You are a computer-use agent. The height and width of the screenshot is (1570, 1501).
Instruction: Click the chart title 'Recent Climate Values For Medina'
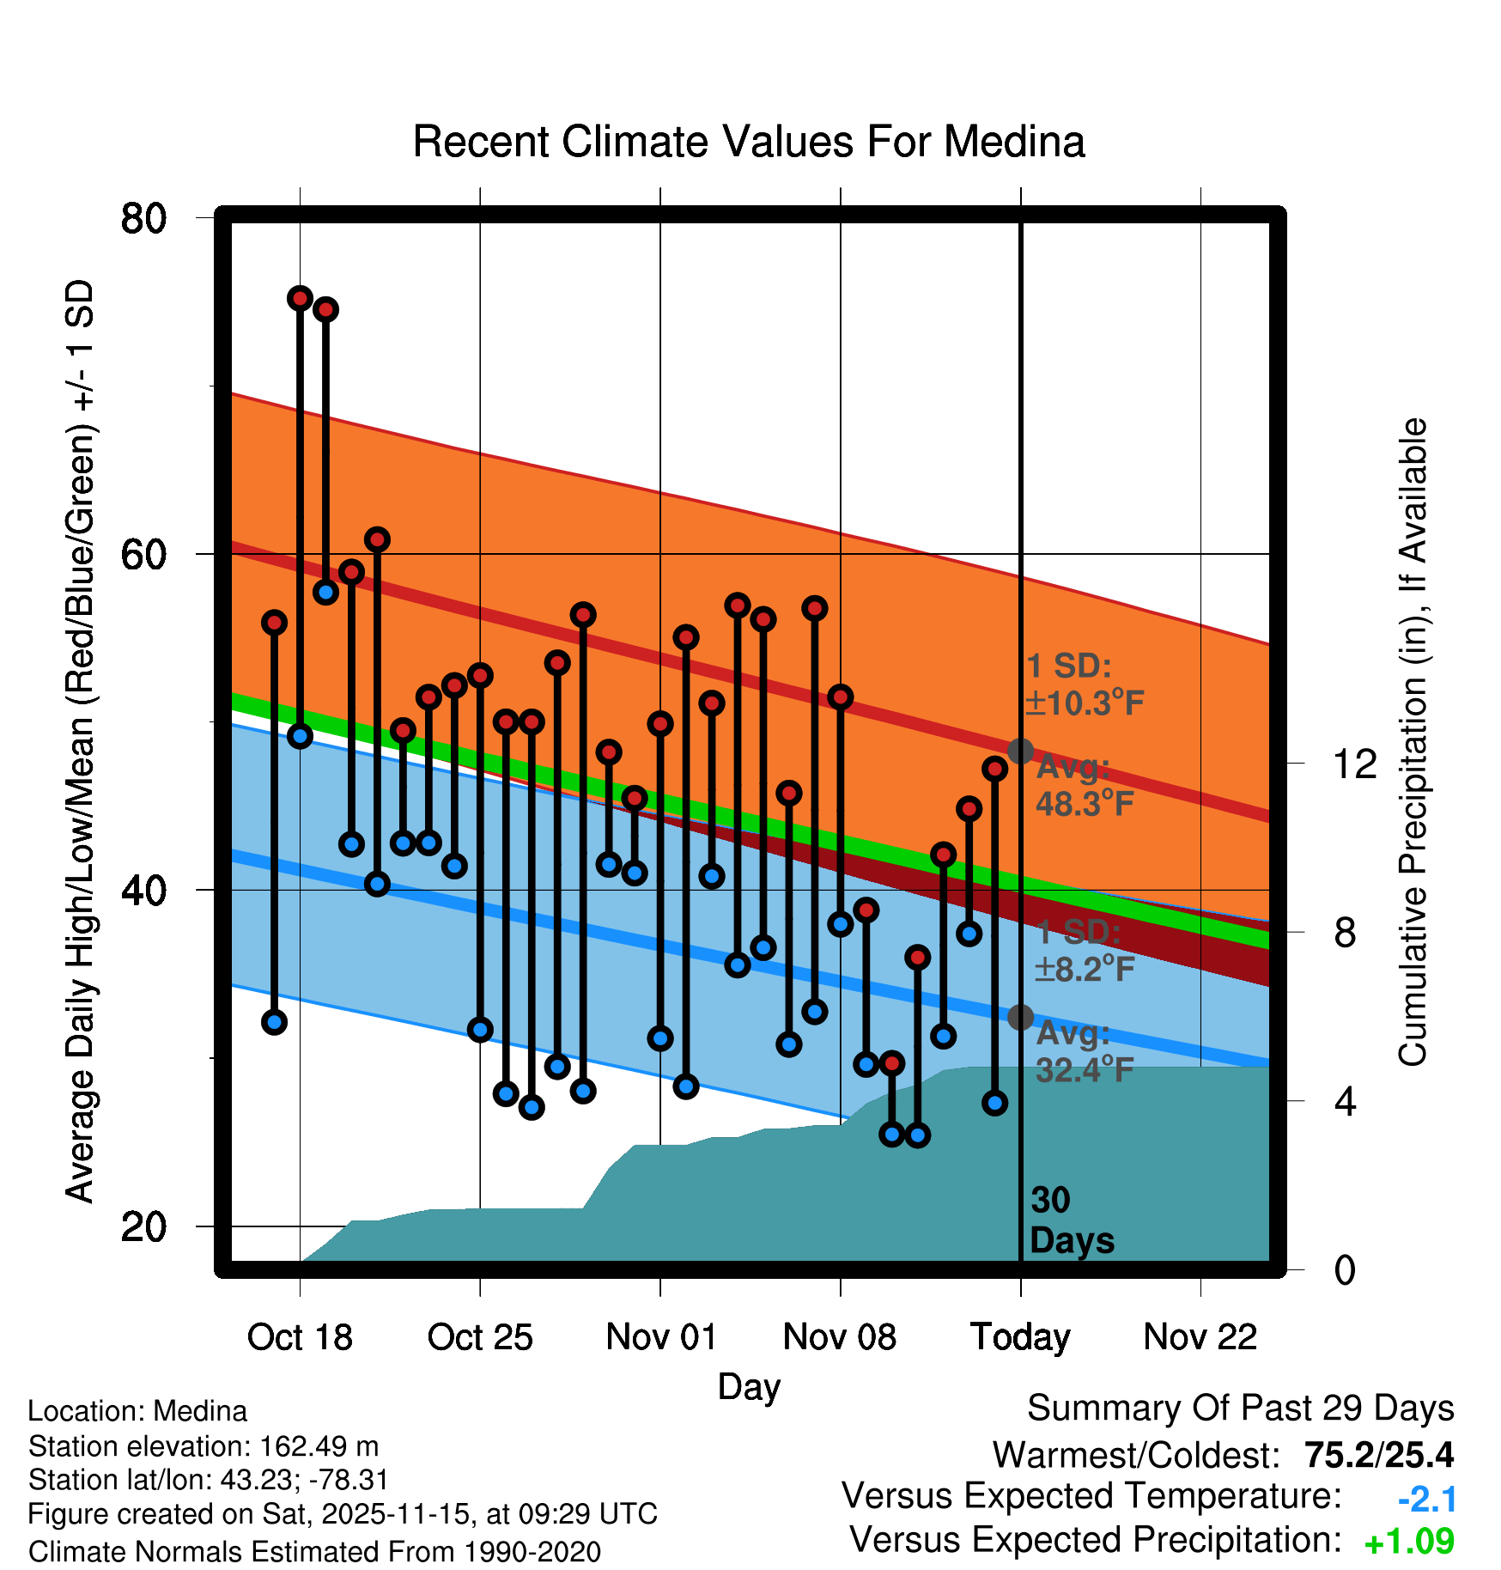point(749,142)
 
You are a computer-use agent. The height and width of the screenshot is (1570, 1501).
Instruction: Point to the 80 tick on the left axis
point(143,218)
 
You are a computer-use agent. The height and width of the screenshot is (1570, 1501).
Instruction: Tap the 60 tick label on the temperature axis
point(143,555)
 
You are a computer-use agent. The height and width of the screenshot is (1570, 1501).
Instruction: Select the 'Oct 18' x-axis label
point(300,1337)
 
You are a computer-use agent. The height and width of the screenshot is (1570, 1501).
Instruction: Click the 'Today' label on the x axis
point(1020,1337)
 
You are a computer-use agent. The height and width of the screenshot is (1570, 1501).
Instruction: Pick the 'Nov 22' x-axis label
point(1200,1337)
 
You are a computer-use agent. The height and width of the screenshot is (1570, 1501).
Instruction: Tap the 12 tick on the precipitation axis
point(1354,764)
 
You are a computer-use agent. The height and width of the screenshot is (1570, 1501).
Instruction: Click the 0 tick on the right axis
point(1345,1269)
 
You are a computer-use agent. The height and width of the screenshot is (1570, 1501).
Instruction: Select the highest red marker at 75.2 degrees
point(300,298)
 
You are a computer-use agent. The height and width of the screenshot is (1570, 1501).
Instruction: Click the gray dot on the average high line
point(1020,752)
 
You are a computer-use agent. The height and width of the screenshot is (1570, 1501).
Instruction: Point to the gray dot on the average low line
point(1020,1017)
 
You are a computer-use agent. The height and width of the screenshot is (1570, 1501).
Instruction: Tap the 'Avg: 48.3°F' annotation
point(1084,785)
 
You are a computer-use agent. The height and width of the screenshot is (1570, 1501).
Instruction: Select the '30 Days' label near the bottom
point(1071,1220)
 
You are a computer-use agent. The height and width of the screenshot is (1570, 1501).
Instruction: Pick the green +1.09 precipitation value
point(1409,1542)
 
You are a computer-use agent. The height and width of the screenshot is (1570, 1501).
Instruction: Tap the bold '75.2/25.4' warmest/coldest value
point(1379,1455)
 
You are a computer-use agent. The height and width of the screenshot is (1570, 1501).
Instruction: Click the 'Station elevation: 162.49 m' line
point(204,1446)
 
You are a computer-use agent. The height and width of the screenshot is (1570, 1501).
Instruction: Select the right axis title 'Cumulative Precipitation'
point(1413,742)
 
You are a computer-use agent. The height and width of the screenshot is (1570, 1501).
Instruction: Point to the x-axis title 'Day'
point(749,1386)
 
